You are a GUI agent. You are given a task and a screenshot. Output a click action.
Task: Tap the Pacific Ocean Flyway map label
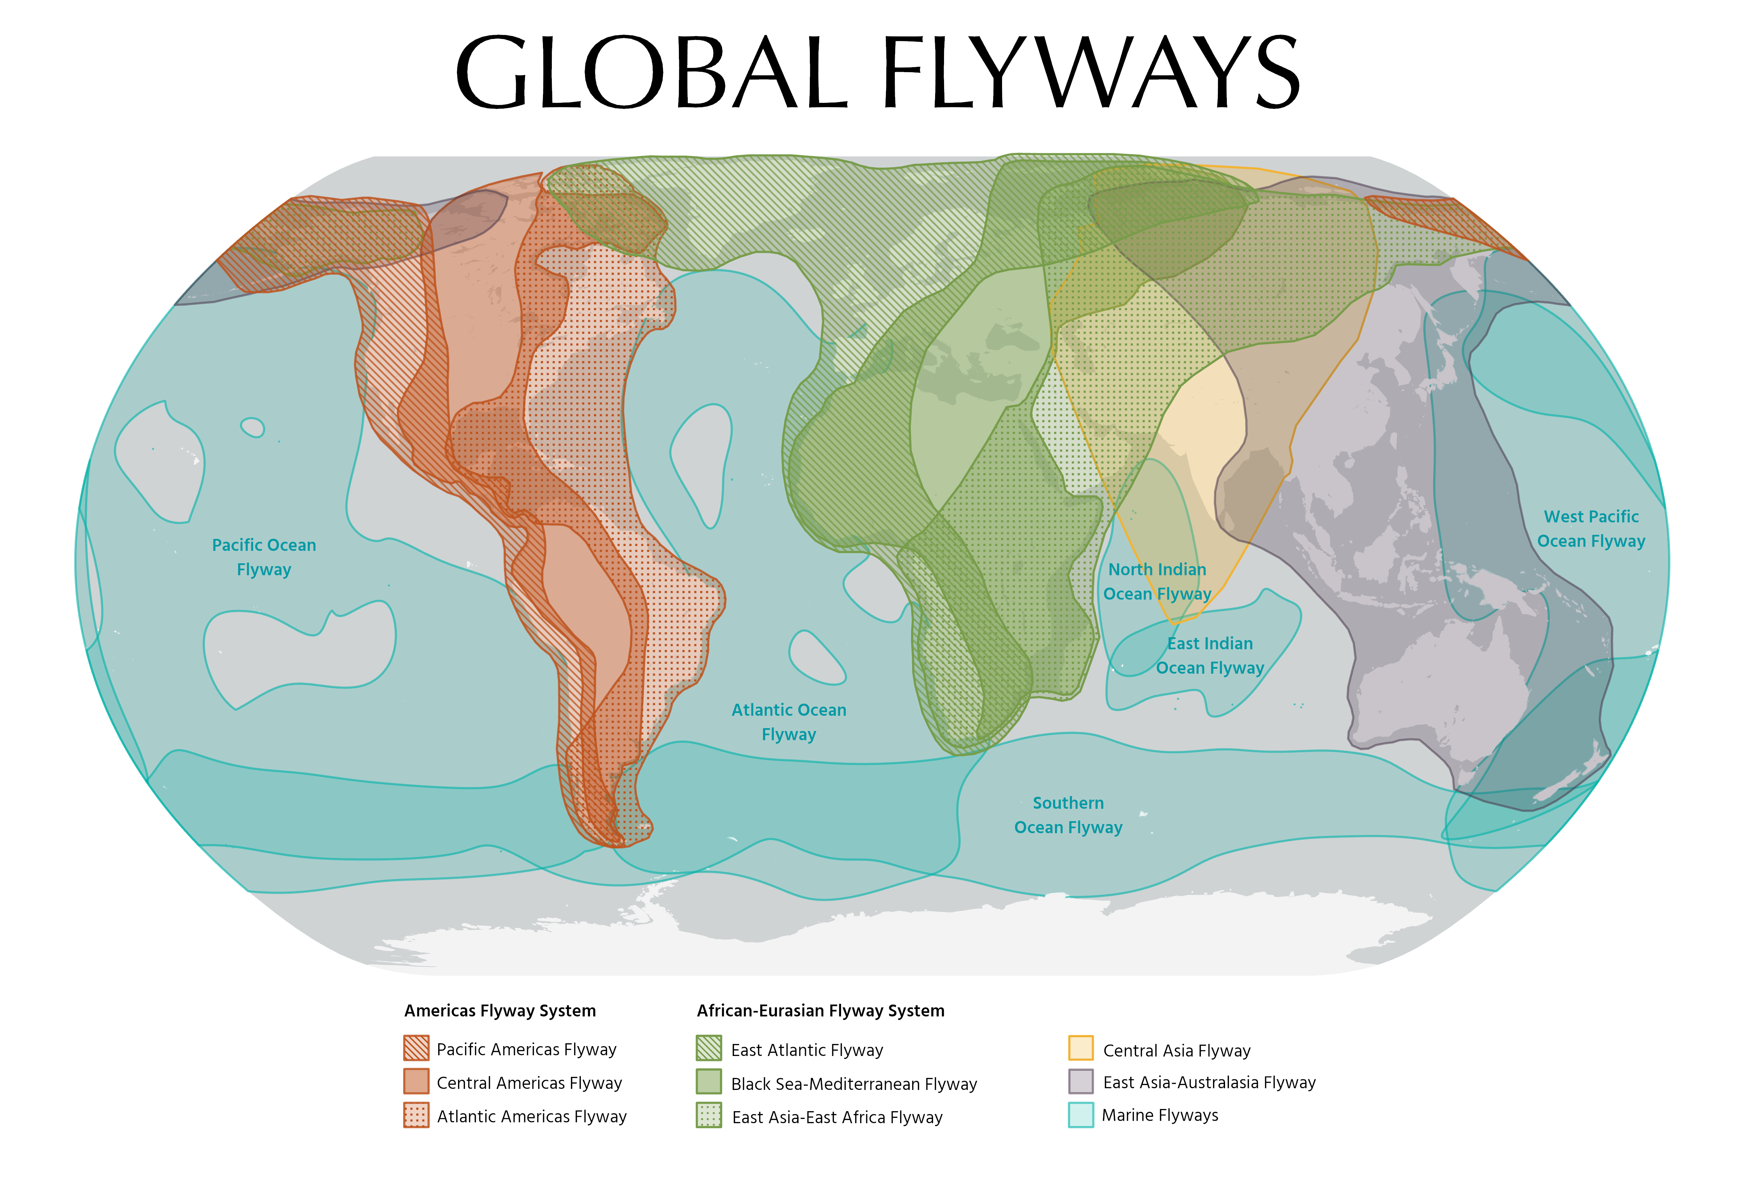(x=264, y=557)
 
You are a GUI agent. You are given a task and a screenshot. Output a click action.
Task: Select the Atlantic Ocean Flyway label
(x=789, y=722)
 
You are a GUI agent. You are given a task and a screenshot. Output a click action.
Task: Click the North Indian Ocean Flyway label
(x=1157, y=581)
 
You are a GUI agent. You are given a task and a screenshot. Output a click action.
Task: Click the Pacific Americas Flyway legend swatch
(x=416, y=1048)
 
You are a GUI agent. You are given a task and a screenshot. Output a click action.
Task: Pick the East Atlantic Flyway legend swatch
(x=709, y=1048)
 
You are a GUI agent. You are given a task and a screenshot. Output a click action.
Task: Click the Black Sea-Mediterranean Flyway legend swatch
(x=709, y=1082)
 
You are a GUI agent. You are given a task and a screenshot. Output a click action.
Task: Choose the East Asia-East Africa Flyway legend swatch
(x=709, y=1116)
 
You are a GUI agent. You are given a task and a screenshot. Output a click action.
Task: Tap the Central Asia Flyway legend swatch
(x=1080, y=1048)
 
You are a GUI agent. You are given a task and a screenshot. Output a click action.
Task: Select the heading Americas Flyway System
(x=500, y=1010)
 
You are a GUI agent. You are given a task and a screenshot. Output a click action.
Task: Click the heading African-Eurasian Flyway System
(x=820, y=1010)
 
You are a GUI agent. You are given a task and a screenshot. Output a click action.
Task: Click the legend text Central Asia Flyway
(x=1177, y=1050)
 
